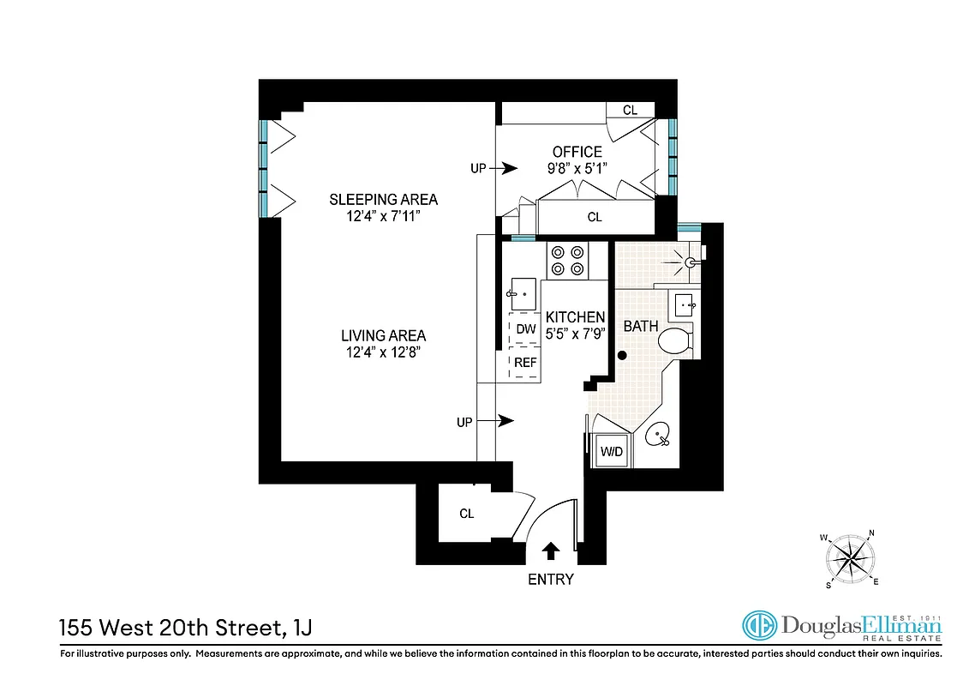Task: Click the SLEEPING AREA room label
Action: pos(383,200)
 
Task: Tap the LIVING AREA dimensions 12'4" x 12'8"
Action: pos(383,352)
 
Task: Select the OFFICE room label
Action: pos(577,153)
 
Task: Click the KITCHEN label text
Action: pos(575,317)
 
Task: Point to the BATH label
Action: pos(640,327)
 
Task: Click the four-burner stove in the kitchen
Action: pos(568,261)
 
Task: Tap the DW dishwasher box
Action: pos(525,329)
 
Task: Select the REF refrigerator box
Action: pos(525,363)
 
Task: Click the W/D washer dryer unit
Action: pos(611,450)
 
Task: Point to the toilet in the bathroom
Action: pos(676,340)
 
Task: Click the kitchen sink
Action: pos(522,293)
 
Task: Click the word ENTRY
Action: pos(550,580)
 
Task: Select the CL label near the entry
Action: pos(466,514)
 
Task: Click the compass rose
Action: pos(851,560)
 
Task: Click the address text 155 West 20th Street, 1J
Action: pos(185,628)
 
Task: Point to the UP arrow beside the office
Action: pos(508,169)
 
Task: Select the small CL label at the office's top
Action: pos(630,110)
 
